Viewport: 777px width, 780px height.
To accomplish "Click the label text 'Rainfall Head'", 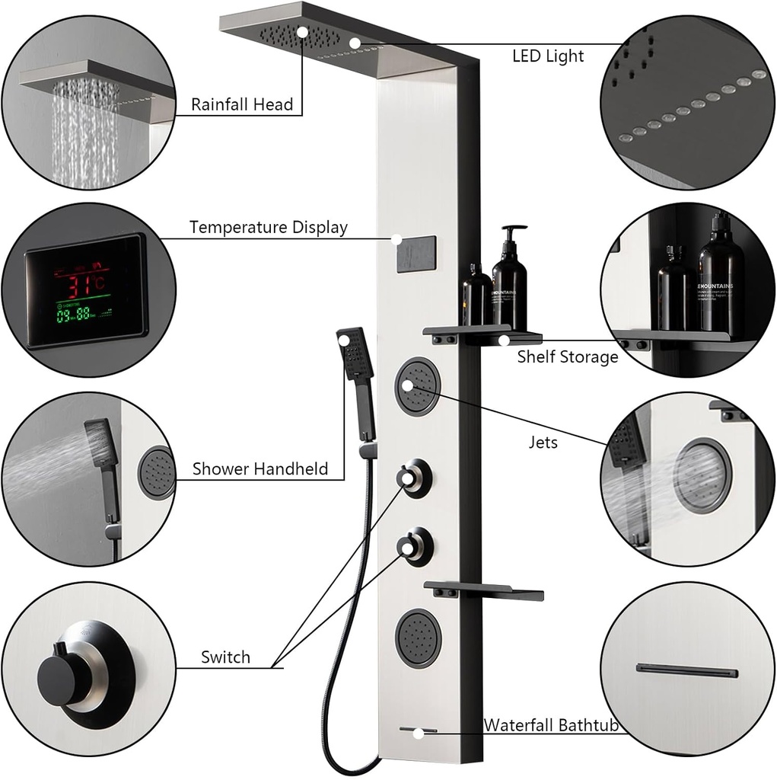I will click(x=241, y=104).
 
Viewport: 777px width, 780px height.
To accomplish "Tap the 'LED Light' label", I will click(x=547, y=56).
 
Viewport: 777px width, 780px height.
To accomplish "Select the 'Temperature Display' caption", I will click(x=268, y=227).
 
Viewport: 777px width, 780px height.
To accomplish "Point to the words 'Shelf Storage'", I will click(x=568, y=356).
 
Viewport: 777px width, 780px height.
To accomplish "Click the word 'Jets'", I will click(x=543, y=442).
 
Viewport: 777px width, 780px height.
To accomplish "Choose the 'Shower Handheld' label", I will click(x=260, y=468).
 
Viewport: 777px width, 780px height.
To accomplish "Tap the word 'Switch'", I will click(x=225, y=657).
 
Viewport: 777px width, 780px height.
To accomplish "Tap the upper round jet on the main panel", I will click(x=417, y=385).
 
